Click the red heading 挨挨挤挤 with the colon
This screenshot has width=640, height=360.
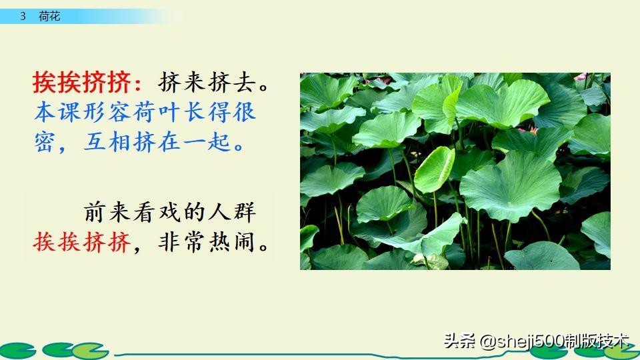(87, 83)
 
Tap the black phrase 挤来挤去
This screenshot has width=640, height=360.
(207, 83)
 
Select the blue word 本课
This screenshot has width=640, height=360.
(57, 111)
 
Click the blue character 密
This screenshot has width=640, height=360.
(45, 141)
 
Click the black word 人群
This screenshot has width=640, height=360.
(230, 213)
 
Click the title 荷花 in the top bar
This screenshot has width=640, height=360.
(50, 16)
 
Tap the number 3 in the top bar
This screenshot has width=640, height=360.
(23, 16)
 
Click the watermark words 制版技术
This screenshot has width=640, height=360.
(597, 341)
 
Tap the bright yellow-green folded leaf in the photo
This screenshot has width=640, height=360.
(434, 169)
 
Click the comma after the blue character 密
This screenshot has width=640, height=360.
(67, 147)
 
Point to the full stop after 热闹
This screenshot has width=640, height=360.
(265, 247)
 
